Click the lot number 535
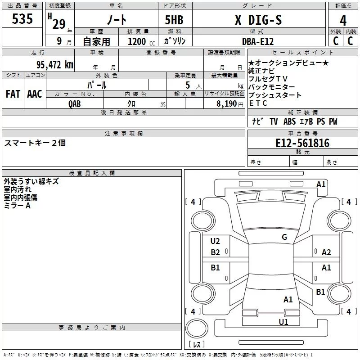pos(22,18)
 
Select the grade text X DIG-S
pos(258,20)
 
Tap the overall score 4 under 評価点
pos(343,21)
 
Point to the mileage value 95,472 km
pos(54,64)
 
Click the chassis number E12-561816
pos(302,143)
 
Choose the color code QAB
pos(74,104)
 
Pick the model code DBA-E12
pos(258,41)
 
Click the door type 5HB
pos(174,20)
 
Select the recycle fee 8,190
pos(226,104)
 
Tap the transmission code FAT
pos(13,94)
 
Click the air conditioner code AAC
pos(35,94)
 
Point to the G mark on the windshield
pos(284,237)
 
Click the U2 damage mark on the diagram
pos(215,241)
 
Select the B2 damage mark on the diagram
pos(215,252)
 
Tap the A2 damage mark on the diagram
pos(326,252)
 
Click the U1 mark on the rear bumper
pos(283,322)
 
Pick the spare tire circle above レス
pos(197,328)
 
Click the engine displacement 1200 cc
pos(141,41)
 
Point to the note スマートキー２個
pos(35,143)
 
